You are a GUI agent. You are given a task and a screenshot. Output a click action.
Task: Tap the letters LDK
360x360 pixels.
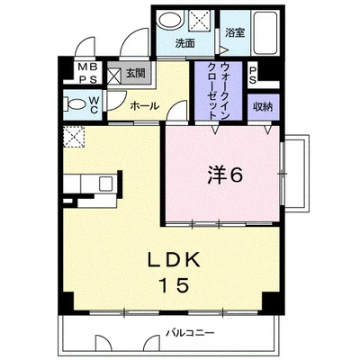[x=176, y=260]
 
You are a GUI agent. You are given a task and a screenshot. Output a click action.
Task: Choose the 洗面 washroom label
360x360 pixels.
[x=184, y=42]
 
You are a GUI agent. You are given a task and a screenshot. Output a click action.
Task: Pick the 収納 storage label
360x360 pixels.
[x=262, y=106]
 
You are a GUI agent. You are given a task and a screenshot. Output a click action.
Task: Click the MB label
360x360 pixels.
[x=82, y=67]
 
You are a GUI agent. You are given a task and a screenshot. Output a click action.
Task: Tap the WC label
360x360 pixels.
[x=94, y=104]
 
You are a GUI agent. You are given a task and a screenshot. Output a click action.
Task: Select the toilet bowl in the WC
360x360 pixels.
[x=74, y=105]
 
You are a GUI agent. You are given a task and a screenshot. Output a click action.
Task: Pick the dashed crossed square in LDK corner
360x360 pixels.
[x=72, y=137]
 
